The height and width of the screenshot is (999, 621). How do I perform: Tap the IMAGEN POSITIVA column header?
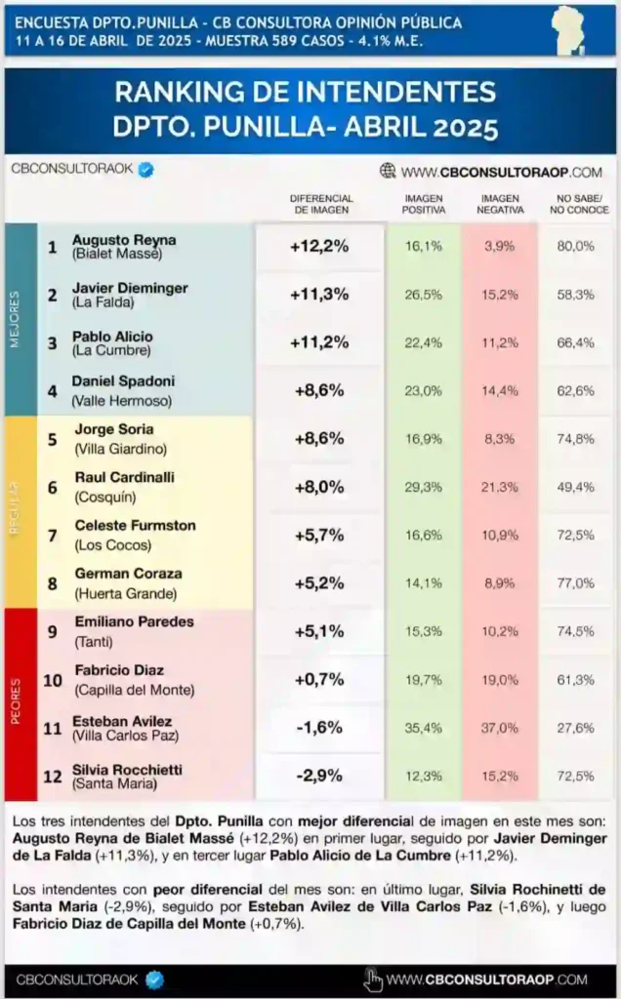tap(424, 204)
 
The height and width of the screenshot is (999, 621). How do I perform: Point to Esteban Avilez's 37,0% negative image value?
tap(500, 728)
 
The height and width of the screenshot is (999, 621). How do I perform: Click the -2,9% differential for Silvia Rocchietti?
tap(319, 776)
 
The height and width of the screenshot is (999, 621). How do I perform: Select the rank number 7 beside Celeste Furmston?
tap(53, 535)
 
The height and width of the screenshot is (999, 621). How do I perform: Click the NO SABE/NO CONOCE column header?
tap(577, 204)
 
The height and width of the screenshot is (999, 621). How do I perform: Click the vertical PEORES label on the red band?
tap(15, 701)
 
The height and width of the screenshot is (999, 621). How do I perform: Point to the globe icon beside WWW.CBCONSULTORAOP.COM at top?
tap(388, 171)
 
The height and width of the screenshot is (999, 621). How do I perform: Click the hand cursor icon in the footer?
tap(373, 979)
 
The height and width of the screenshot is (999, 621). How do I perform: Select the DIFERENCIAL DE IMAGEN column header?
tap(321, 204)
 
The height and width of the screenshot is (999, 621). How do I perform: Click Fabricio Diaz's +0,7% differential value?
tap(319, 679)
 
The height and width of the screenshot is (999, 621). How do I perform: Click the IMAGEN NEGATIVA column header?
tap(500, 204)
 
